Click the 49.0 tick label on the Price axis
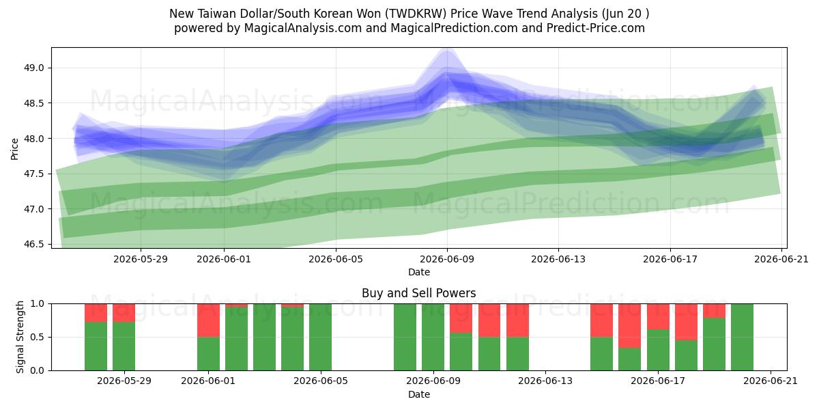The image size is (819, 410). (x=33, y=68)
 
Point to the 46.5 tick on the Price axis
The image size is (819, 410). (x=33, y=245)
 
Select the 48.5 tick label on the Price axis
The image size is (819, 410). (x=33, y=103)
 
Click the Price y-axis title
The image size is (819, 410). (x=14, y=149)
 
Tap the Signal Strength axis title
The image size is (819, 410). (x=20, y=337)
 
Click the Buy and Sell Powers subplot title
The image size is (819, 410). (x=418, y=293)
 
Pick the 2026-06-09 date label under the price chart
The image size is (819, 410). (x=447, y=259)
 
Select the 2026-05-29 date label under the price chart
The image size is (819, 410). (x=141, y=259)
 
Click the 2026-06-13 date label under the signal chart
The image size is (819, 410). (x=545, y=381)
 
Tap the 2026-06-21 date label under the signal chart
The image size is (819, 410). (x=771, y=381)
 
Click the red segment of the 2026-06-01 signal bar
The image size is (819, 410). (x=208, y=320)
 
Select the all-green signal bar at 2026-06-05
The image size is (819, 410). (x=320, y=337)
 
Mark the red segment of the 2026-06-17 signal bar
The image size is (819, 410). (x=658, y=316)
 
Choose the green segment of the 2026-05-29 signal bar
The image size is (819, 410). (x=124, y=346)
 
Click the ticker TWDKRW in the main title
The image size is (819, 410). (x=416, y=14)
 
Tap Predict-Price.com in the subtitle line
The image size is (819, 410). (x=596, y=28)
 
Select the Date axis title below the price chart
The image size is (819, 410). (x=419, y=272)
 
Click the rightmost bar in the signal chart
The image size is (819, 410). (x=743, y=337)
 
